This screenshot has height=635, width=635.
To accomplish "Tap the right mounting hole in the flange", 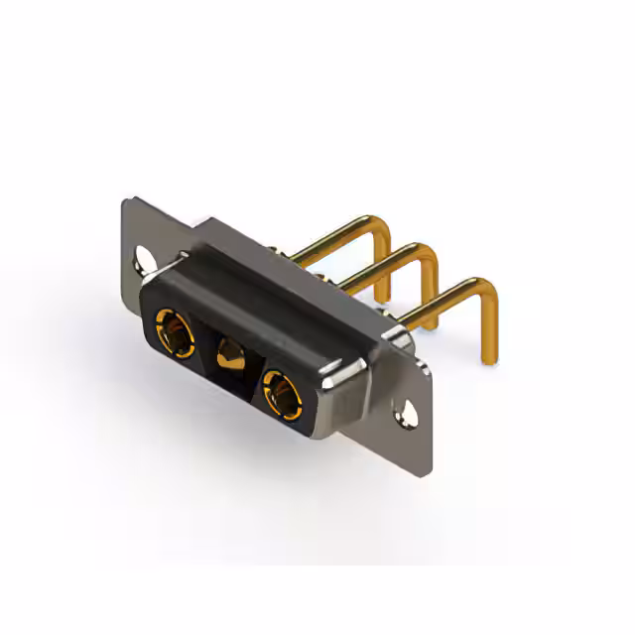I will [x=405, y=412].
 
